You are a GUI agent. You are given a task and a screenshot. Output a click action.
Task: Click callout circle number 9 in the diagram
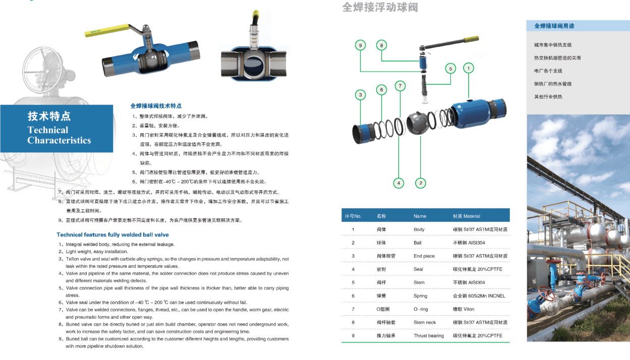360,45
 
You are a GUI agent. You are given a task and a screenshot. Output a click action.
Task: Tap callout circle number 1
468,68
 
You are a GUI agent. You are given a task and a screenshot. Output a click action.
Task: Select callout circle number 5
450,68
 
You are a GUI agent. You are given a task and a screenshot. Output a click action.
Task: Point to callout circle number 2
420,183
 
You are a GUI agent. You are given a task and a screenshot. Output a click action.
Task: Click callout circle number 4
399,183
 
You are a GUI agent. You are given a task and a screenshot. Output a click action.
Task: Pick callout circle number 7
400,86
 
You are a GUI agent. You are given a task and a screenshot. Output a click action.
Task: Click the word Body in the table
419,229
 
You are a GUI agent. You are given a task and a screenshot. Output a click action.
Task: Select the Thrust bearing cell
428,336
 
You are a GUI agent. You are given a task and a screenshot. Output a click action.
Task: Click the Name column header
420,216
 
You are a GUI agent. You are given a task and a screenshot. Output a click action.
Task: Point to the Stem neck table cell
425,323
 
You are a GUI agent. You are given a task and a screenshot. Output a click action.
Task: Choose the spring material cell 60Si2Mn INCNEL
479,296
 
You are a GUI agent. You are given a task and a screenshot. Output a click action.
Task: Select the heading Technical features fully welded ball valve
112,235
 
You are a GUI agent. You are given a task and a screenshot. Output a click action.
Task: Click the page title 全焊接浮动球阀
380,8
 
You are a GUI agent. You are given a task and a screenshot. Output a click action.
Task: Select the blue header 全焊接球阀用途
555,26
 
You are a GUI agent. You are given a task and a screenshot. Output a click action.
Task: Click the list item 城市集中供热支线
552,45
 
